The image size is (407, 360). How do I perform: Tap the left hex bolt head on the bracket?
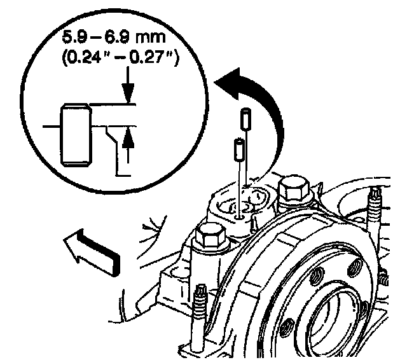[209, 238]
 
